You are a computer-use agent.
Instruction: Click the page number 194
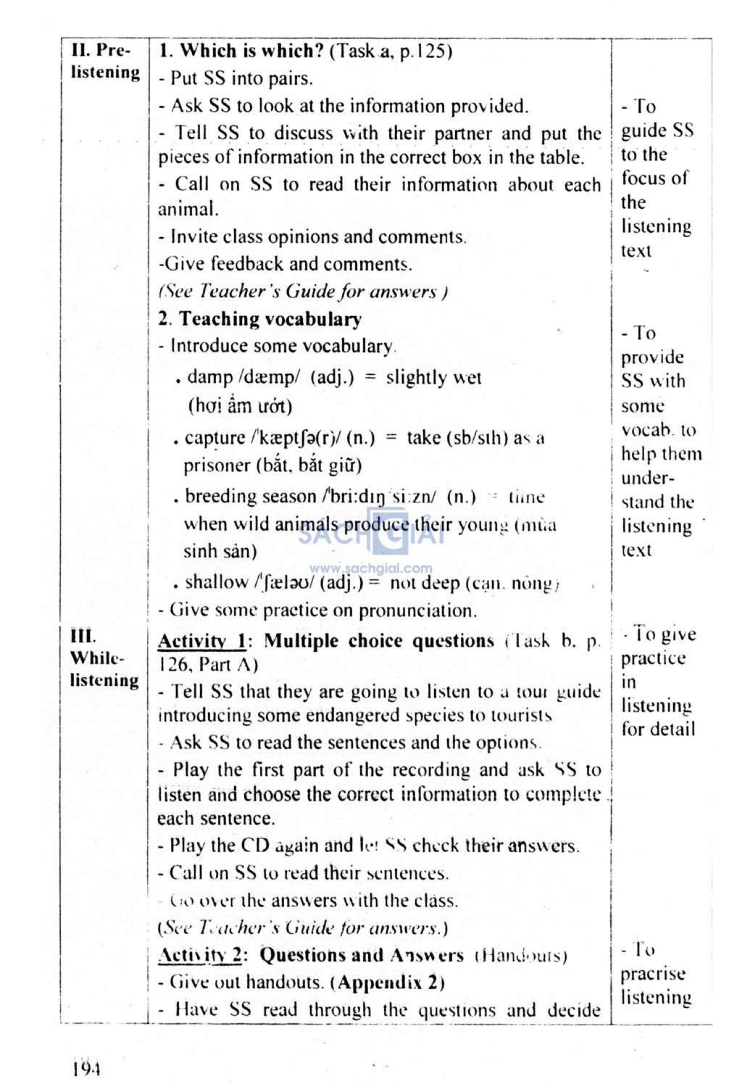(x=86, y=1067)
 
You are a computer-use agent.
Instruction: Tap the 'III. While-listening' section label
(x=104, y=658)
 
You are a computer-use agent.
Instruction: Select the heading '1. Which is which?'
(x=241, y=51)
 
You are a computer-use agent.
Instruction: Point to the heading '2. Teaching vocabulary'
(x=259, y=319)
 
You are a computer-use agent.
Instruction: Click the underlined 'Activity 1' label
(x=202, y=641)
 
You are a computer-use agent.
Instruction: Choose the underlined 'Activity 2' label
(x=200, y=955)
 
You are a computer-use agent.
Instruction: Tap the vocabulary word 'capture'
(x=214, y=438)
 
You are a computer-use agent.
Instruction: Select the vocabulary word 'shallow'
(x=216, y=582)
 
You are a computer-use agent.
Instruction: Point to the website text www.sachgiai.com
(x=370, y=568)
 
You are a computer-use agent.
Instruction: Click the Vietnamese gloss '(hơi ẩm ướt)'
(x=240, y=405)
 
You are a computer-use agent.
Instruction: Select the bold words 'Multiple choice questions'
(x=378, y=641)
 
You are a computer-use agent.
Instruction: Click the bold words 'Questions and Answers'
(x=361, y=955)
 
